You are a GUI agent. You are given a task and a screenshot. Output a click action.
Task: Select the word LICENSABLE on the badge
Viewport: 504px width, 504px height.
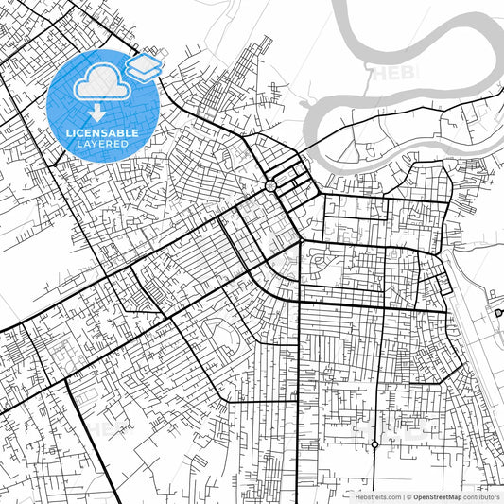(102, 133)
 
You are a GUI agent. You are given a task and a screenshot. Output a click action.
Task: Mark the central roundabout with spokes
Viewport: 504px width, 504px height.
(271, 186)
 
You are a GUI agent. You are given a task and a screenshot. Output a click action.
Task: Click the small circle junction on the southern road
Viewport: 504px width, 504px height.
(375, 443)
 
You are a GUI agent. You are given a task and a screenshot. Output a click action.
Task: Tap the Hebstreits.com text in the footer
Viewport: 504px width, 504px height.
(377, 496)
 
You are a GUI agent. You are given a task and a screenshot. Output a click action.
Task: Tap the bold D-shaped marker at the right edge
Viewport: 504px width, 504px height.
(498, 312)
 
